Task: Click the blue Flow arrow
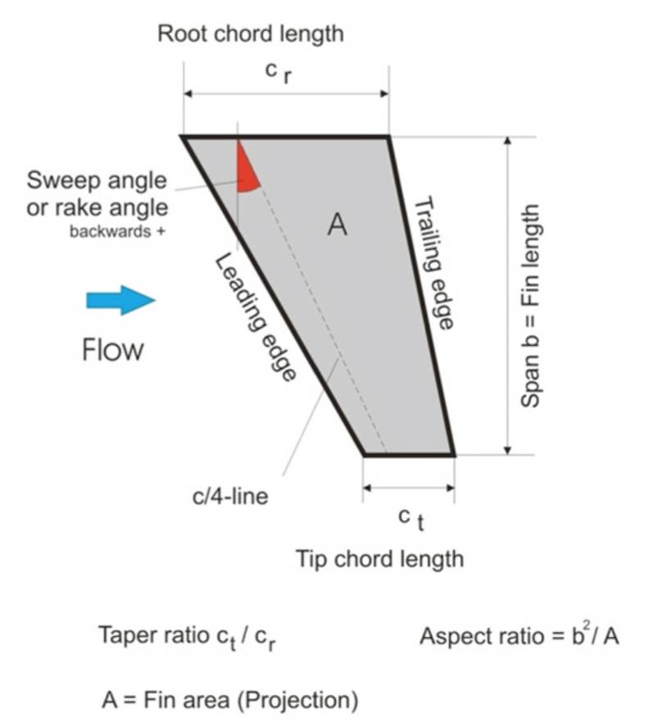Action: pyautogui.click(x=120, y=301)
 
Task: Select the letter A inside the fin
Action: pyautogui.click(x=337, y=224)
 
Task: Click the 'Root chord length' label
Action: pyautogui.click(x=251, y=34)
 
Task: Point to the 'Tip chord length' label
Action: pyautogui.click(x=379, y=559)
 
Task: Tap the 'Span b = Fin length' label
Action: pyautogui.click(x=532, y=295)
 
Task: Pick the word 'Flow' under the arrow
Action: pyautogui.click(x=113, y=350)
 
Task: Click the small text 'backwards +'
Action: pyautogui.click(x=117, y=231)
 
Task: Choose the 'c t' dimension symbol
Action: pyautogui.click(x=410, y=518)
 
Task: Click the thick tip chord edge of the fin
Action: pyautogui.click(x=409, y=454)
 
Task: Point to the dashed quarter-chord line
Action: pyautogui.click(x=328, y=328)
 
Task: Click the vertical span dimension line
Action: pyautogui.click(x=509, y=295)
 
